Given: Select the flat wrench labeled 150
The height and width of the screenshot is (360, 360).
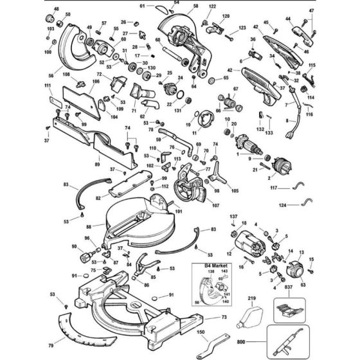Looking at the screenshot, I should [212, 345].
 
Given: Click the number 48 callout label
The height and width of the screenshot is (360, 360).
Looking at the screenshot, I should [56, 9].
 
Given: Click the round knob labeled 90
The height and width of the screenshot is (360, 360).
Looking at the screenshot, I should [85, 258].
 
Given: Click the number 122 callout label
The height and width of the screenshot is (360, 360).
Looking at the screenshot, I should [212, 5].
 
